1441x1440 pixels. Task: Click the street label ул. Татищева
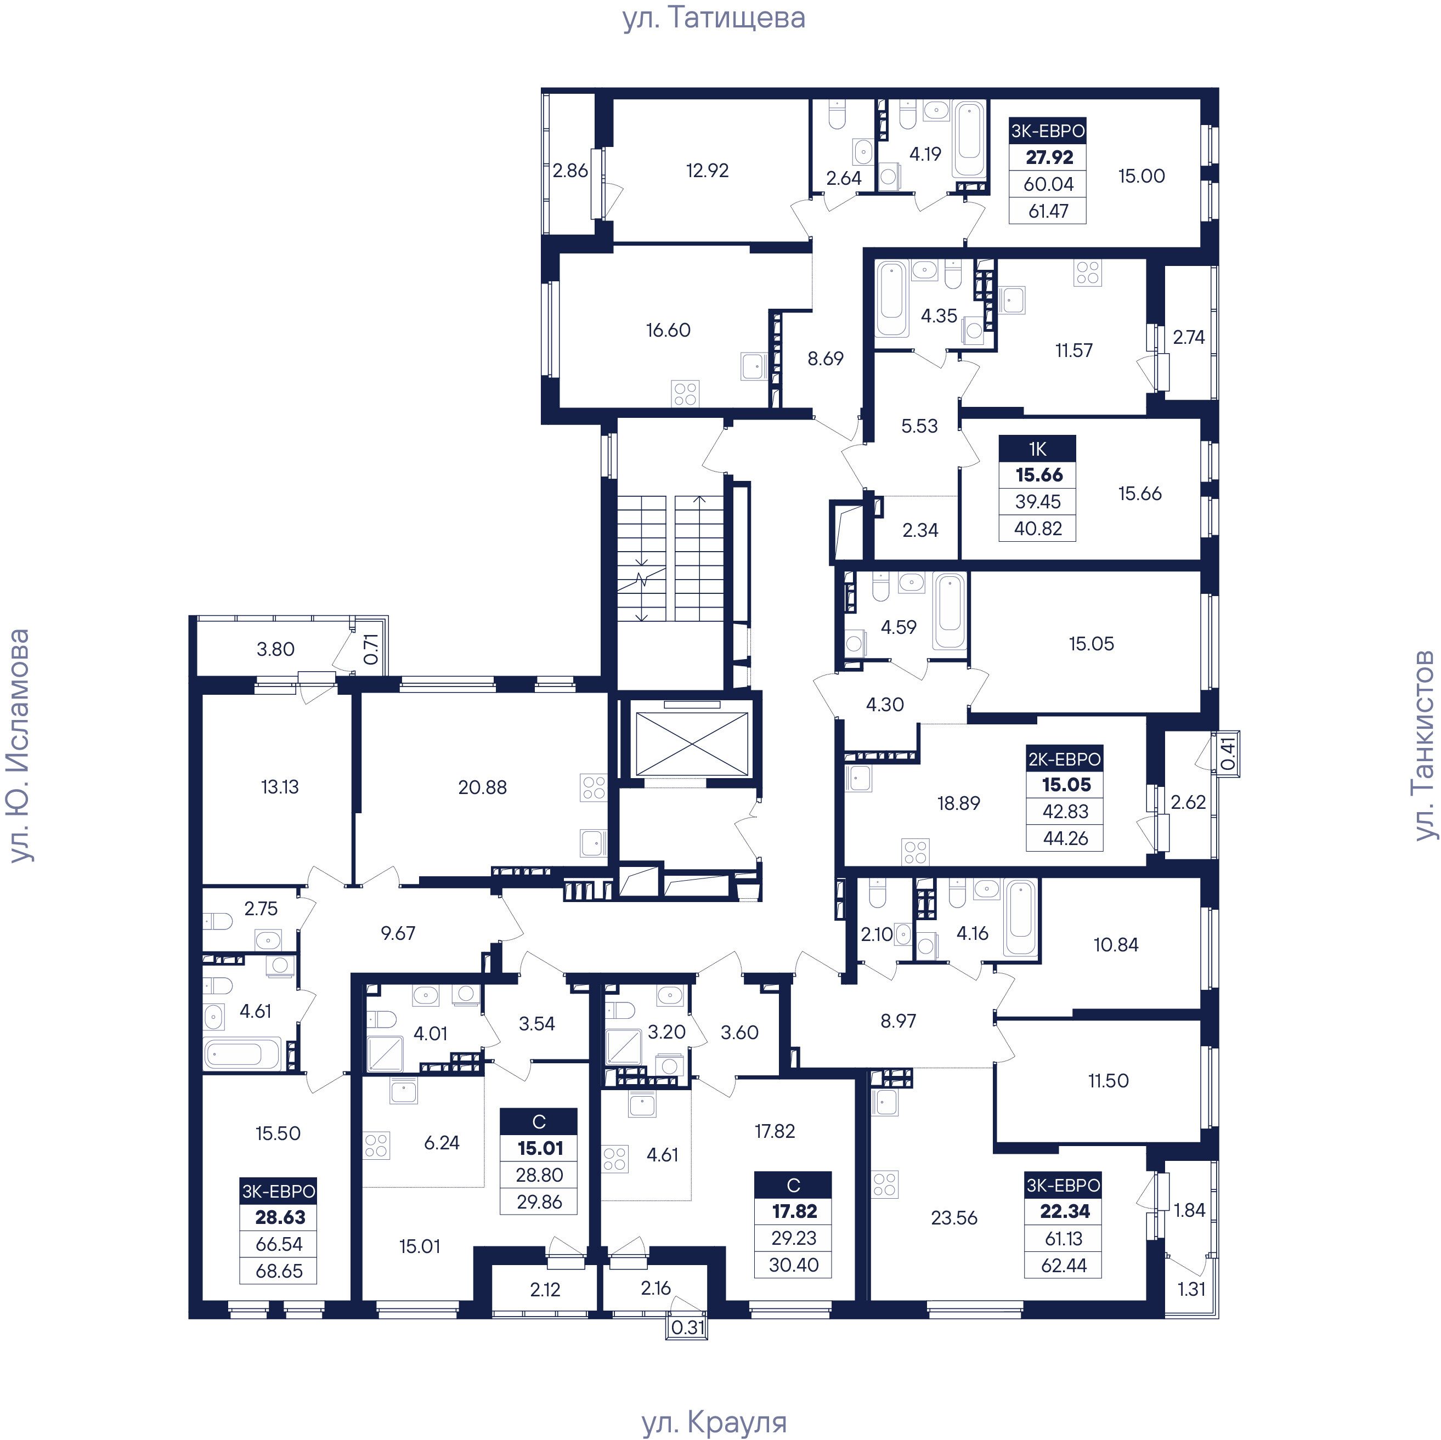[x=714, y=18]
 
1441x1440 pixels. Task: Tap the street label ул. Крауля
[x=714, y=1421]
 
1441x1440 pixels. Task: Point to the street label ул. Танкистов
[x=1425, y=745]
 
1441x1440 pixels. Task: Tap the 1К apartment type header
[x=1037, y=449]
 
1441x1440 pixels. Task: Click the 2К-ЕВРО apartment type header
[x=1064, y=759]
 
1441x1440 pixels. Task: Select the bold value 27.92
[x=1049, y=157]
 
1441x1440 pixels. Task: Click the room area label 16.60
[x=668, y=330]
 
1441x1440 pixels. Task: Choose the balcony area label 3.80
[x=275, y=649]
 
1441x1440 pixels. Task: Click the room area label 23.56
[x=954, y=1218]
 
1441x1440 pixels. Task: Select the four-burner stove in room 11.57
[x=1087, y=273]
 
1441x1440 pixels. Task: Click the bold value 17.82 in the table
[x=794, y=1211]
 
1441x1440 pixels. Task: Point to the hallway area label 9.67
[x=398, y=933]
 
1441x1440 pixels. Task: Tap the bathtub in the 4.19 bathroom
[x=970, y=140]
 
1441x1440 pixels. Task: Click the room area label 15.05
[x=1090, y=644]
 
